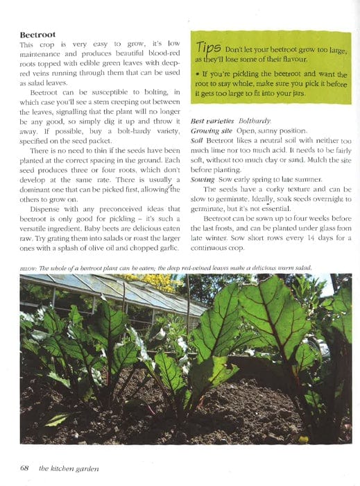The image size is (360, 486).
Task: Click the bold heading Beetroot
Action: (37, 34)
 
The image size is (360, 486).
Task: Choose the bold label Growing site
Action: (213, 130)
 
